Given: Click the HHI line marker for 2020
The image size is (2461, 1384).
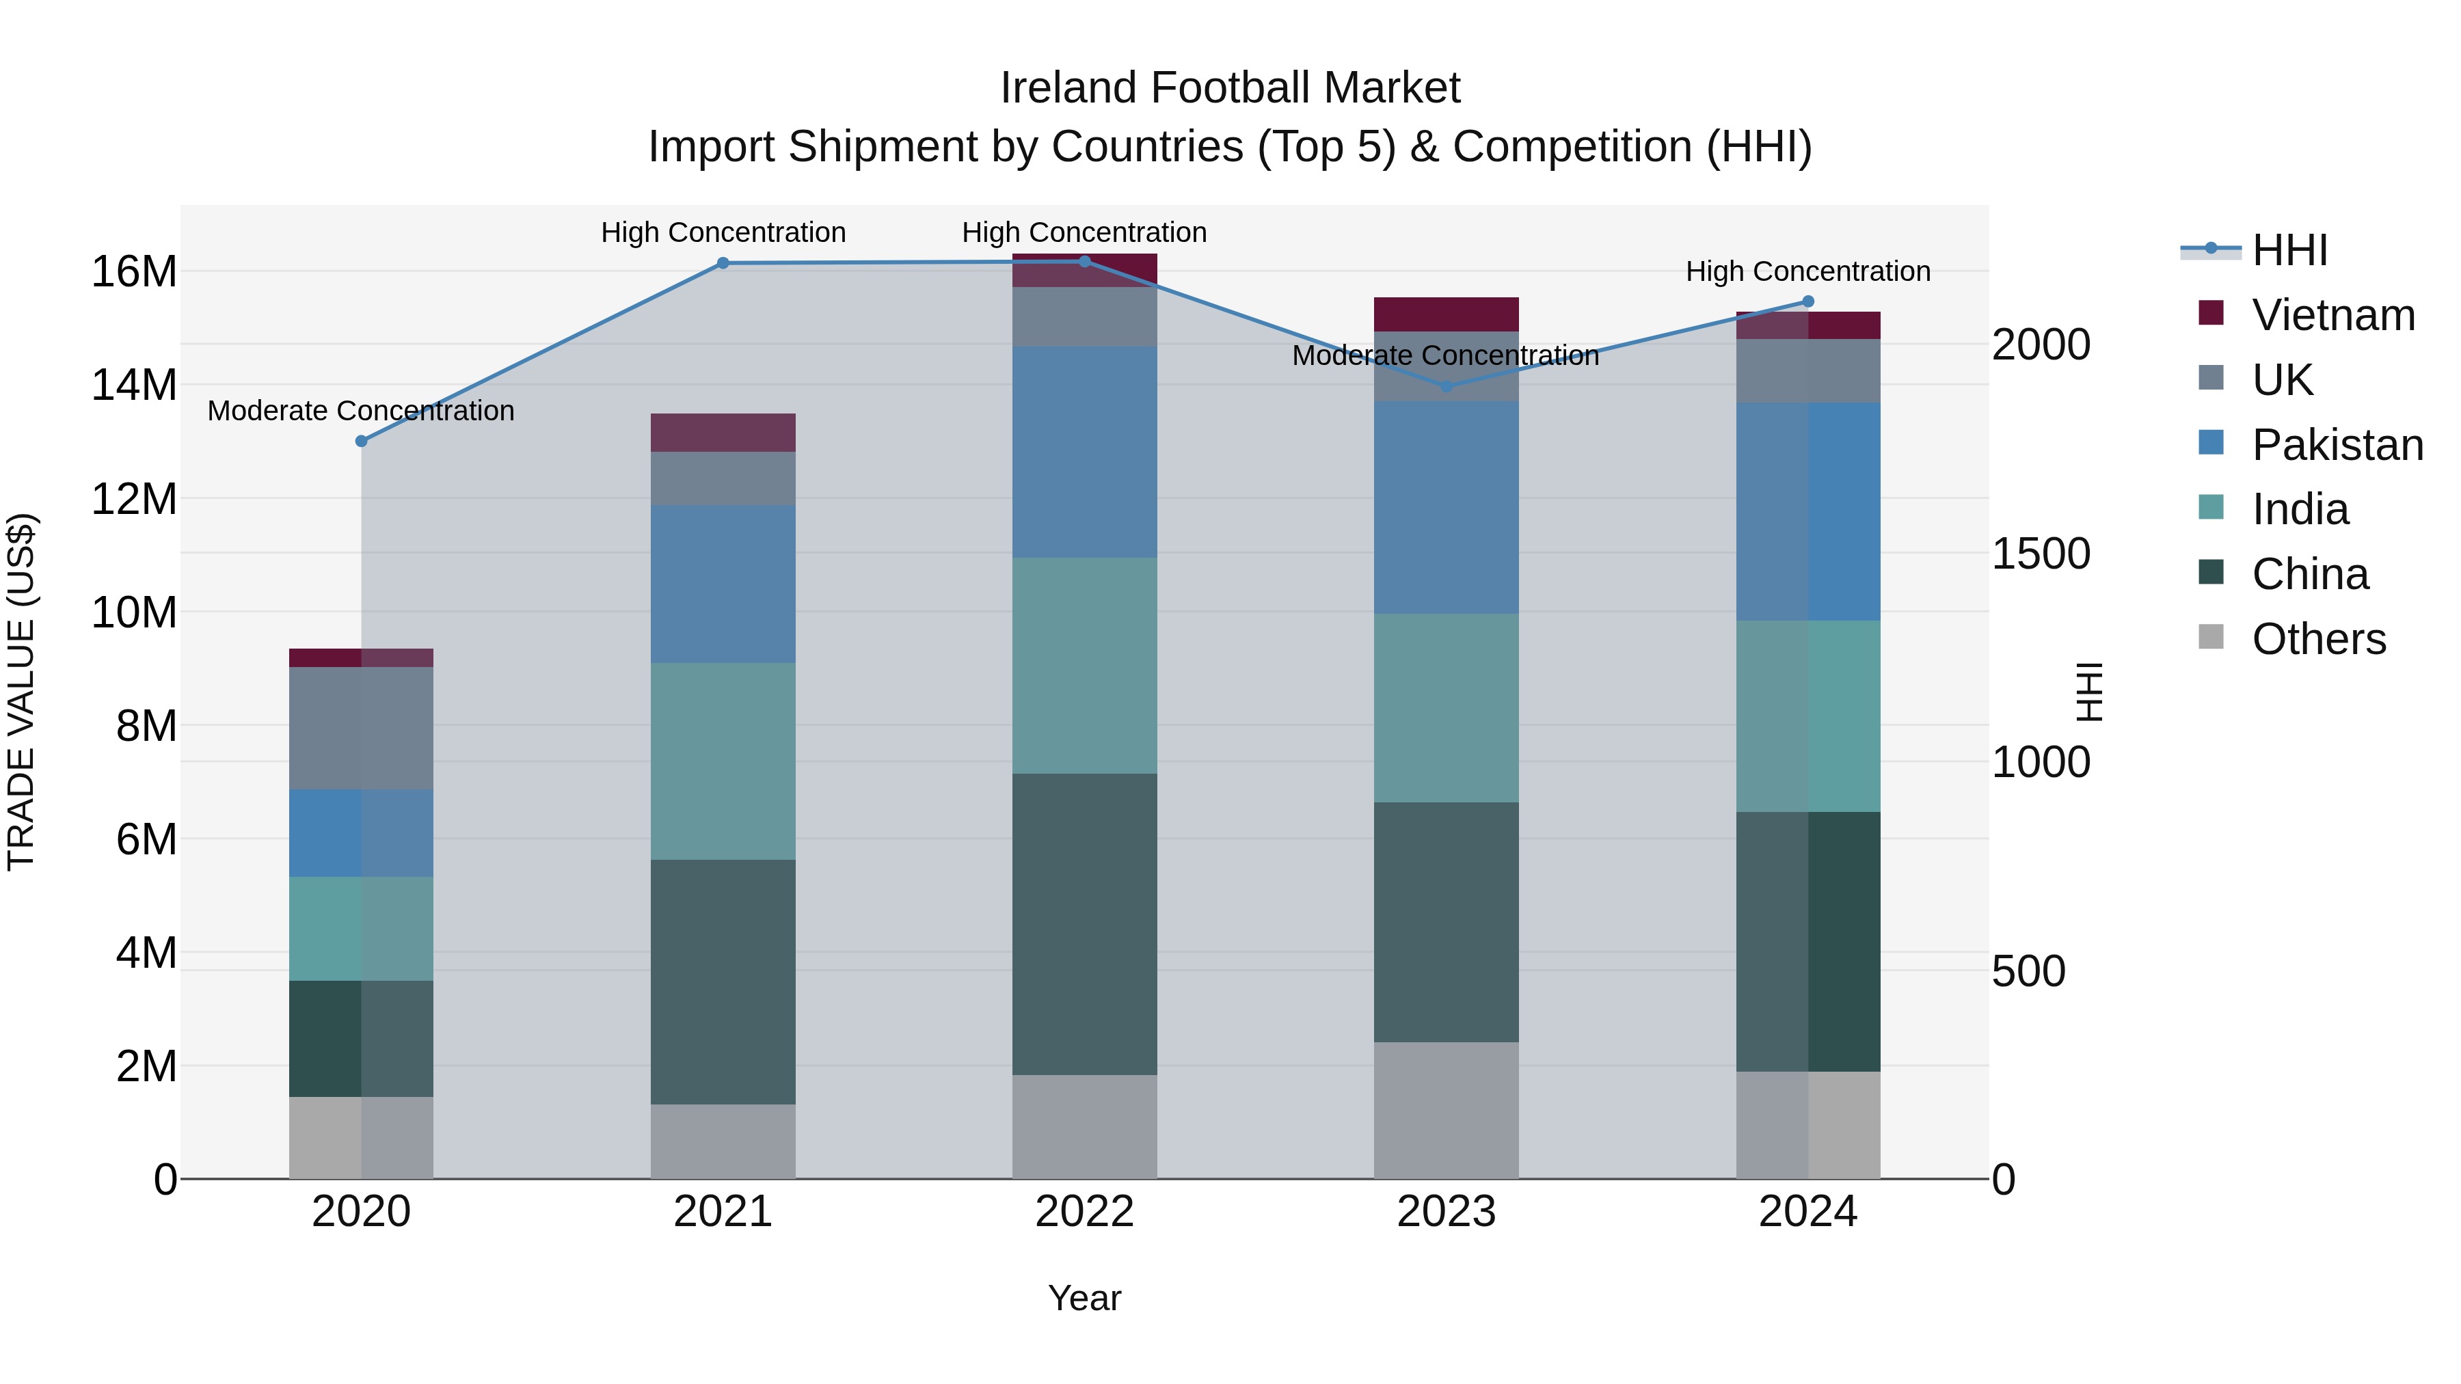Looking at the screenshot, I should click(361, 442).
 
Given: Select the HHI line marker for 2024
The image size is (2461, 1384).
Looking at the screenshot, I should click(1807, 302).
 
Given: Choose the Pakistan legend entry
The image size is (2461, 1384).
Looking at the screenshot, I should click(2337, 445).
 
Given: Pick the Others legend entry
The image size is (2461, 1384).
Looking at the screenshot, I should click(2319, 639).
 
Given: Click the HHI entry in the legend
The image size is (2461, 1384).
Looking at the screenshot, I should click(2289, 250).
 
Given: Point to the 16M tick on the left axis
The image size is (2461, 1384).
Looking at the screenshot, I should click(134, 272).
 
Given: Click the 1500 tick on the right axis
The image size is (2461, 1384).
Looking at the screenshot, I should click(2041, 554).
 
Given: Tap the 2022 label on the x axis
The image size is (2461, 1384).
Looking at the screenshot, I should click(1084, 1212).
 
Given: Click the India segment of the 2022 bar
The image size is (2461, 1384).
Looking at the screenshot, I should click(1084, 666).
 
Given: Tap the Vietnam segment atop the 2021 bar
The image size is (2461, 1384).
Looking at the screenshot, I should click(723, 433).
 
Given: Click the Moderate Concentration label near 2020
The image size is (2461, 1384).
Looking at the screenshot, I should click(361, 411).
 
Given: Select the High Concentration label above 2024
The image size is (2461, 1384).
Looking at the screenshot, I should click(1807, 271).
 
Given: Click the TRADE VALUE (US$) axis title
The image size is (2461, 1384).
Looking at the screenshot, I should click(21, 692).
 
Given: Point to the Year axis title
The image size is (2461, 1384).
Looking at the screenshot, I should click(1084, 1298).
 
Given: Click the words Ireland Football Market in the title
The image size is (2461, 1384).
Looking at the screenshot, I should click(1230, 88).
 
